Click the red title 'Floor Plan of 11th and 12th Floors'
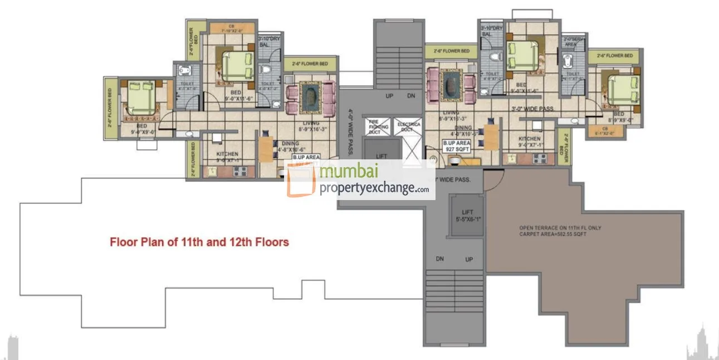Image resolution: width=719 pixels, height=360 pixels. [199, 242]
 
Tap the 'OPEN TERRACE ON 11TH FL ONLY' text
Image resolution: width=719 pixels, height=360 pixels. [560, 228]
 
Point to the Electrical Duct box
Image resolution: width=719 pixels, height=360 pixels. [408, 127]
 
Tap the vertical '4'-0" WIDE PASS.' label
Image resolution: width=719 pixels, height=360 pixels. [350, 132]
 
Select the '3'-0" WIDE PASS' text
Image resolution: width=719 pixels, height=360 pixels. [532, 109]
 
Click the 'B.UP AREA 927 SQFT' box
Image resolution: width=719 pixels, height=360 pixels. [457, 146]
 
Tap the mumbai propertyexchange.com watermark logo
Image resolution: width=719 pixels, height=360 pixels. [360, 180]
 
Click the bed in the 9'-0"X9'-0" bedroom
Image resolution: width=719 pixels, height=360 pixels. [139, 99]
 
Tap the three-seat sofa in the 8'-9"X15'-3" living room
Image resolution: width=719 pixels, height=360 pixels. [433, 85]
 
